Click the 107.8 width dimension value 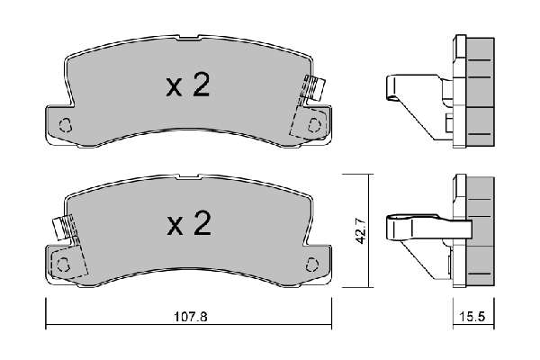[191, 317]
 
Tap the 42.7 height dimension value [361, 230]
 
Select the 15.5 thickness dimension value [472, 317]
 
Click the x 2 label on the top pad [188, 85]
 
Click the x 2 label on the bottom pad [189, 223]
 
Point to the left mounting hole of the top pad [65, 125]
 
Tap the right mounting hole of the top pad [314, 125]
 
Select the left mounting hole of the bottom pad [63, 265]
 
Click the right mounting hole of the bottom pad [312, 265]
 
